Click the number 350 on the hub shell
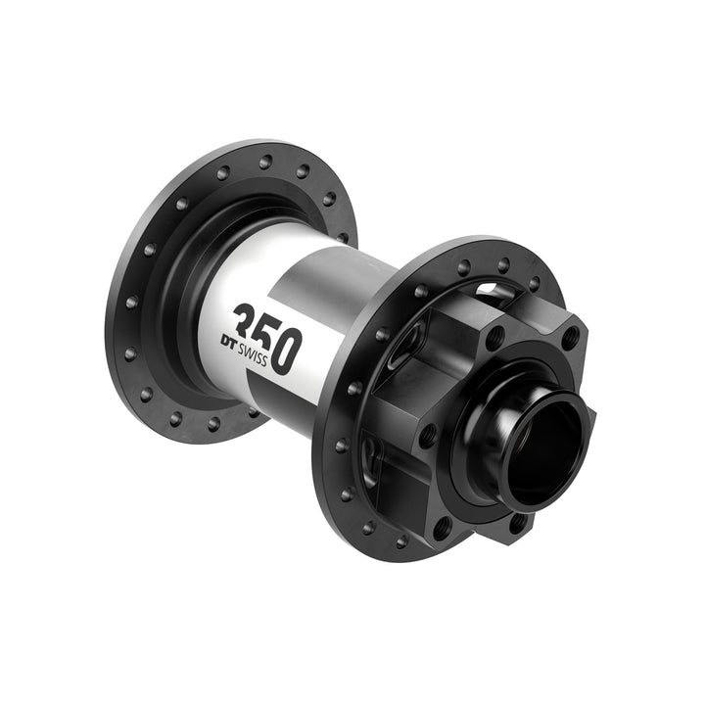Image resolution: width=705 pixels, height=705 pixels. [267, 338]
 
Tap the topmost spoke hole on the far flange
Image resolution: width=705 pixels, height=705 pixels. [265, 159]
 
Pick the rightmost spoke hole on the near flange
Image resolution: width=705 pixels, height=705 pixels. [535, 284]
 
